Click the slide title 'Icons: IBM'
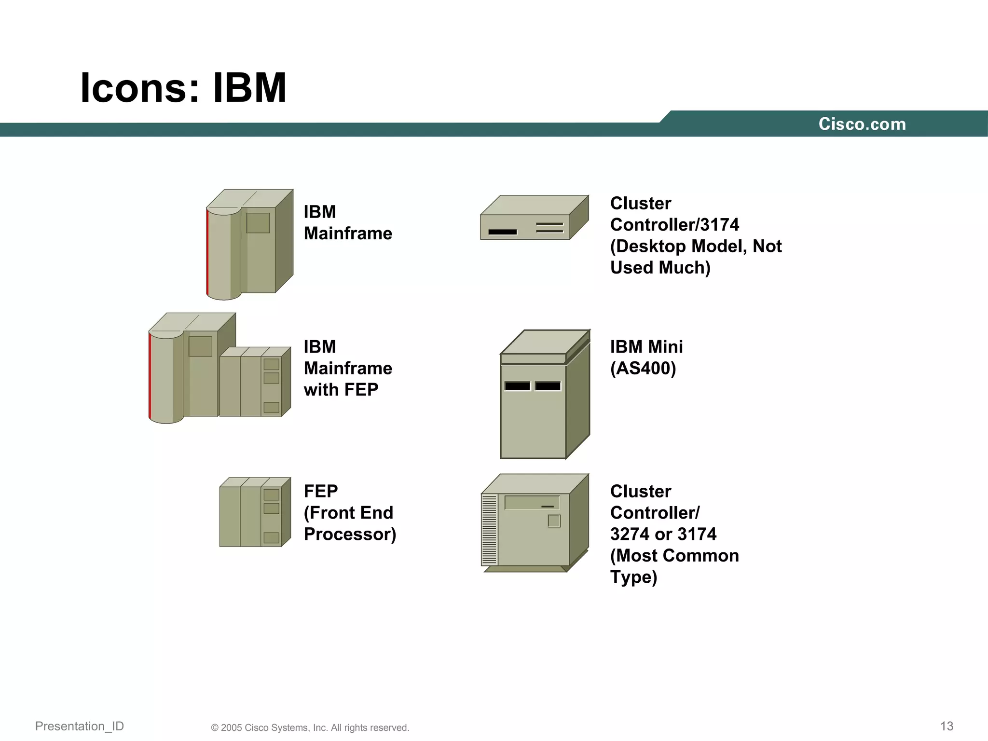(183, 88)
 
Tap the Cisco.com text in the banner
(862, 124)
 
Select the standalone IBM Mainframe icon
(249, 244)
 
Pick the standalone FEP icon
(255, 512)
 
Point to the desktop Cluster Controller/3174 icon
(534, 218)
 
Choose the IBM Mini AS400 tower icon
(544, 395)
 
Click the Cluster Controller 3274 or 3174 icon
(535, 523)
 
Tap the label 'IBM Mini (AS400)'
(646, 357)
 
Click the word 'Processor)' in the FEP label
(350, 534)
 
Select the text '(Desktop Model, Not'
(695, 246)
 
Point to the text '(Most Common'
(674, 556)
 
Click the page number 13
(947, 726)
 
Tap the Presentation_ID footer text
(80, 726)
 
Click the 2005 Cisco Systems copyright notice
(310, 727)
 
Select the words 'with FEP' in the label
(341, 390)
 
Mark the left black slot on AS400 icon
(517, 386)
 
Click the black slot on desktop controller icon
(502, 232)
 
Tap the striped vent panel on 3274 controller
(489, 530)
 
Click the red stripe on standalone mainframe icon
(207, 251)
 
